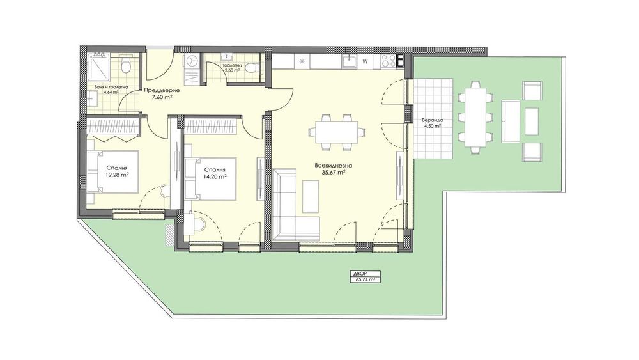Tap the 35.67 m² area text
331,172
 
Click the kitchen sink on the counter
348,61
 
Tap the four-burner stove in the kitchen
389,61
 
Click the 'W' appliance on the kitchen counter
366,62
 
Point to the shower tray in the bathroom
98,65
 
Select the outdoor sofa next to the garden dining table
511,121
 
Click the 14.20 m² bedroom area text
214,177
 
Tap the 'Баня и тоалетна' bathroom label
107,87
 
